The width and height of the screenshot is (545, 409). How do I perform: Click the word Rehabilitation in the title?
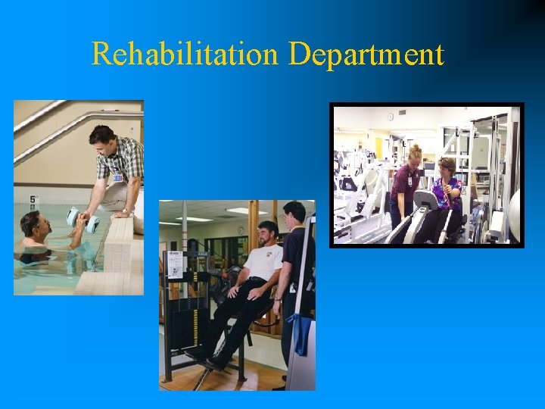pyautogui.click(x=185, y=55)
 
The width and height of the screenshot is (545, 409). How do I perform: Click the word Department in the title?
pyautogui.click(x=366, y=55)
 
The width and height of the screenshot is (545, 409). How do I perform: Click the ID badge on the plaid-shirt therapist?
pyautogui.click(x=118, y=179)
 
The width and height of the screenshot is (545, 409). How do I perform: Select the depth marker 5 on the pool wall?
pyautogui.click(x=33, y=201)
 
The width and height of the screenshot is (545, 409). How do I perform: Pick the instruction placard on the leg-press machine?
pyautogui.click(x=176, y=264)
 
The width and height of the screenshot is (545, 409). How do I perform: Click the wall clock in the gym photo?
pyautogui.click(x=391, y=117)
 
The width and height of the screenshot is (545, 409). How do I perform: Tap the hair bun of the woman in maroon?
pyautogui.click(x=415, y=148)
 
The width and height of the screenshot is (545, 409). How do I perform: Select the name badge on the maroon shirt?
pyautogui.click(x=410, y=181)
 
